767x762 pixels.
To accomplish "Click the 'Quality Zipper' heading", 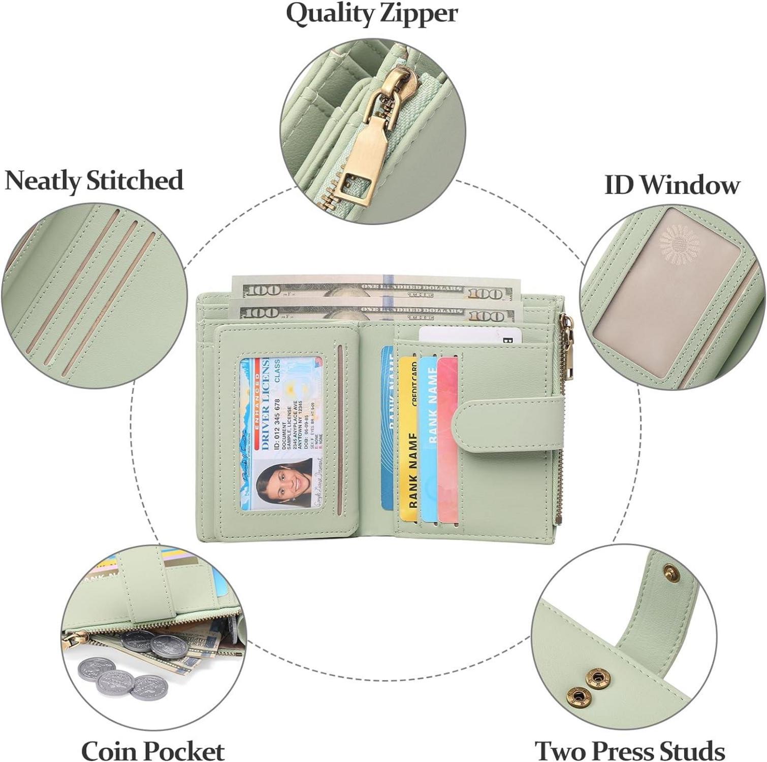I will pos(372,14).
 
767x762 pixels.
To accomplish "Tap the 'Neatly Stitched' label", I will pos(94,181).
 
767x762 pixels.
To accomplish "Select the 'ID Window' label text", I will pos(672,185).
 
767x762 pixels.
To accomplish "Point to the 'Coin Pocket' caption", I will pos(152,750).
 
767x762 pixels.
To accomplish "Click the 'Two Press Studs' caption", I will pos(630,750).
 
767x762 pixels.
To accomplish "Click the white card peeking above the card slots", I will pos(467,335).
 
